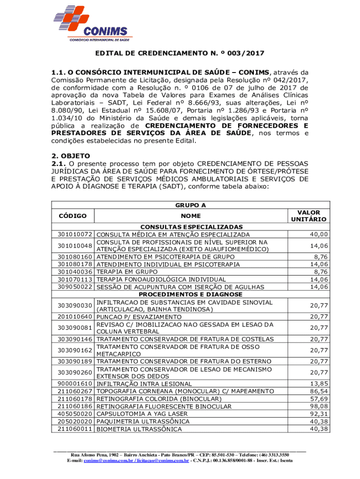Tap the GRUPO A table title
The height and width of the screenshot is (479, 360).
click(190, 205)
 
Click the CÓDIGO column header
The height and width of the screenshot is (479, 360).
click(72, 216)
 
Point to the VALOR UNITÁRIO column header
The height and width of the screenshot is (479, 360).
click(308, 216)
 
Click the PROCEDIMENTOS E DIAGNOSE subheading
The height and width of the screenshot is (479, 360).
click(191, 295)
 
